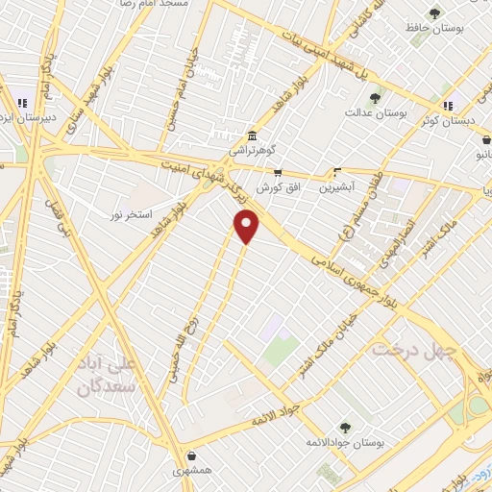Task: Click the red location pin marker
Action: pyautogui.click(x=248, y=227)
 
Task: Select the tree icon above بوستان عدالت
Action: pyautogui.click(x=375, y=97)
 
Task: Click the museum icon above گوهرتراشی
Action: pyautogui.click(x=251, y=135)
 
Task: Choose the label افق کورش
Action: pyautogui.click(x=279, y=187)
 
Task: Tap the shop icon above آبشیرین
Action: pyautogui.click(x=336, y=173)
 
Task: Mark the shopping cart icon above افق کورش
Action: pyautogui.click(x=278, y=173)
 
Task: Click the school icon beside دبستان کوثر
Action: pyautogui.click(x=448, y=106)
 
